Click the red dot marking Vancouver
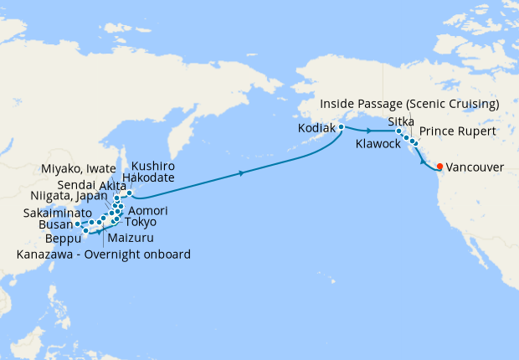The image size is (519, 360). pos(440,166)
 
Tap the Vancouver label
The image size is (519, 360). pos(475,167)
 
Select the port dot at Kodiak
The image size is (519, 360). pos(342,126)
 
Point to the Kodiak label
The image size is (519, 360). pos(316,129)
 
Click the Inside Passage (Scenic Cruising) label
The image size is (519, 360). pos(410,104)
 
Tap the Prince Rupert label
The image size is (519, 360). pos(457,131)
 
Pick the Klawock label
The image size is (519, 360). pos(378,144)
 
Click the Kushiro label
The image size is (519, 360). pos(153,167)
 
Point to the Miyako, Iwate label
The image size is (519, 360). pos(81,169)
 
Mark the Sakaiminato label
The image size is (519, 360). pos(53,213)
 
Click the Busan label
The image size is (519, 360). pos(55,225)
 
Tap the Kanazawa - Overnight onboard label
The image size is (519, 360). pos(104,254)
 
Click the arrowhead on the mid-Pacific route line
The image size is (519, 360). pos(242,173)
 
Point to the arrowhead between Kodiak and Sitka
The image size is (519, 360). pos(369,131)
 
